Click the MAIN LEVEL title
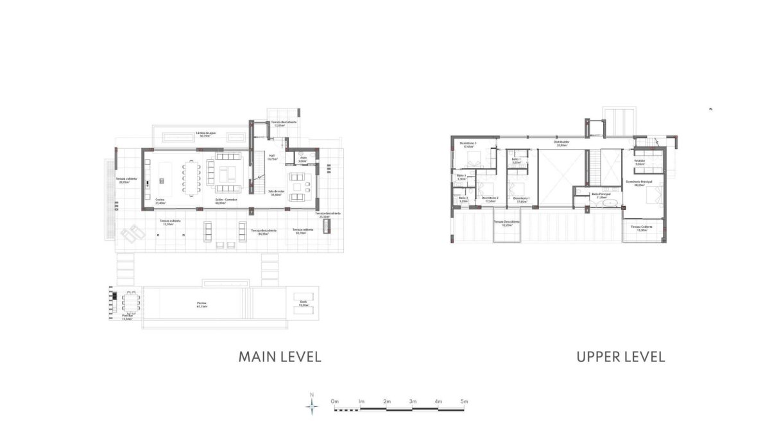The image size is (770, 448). pyautogui.click(x=279, y=357)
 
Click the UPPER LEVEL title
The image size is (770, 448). pyautogui.click(x=620, y=357)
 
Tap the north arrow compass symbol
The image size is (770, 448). pyautogui.click(x=312, y=405)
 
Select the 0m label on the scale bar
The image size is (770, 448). pyautogui.click(x=334, y=401)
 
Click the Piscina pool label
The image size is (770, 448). pyautogui.click(x=201, y=304)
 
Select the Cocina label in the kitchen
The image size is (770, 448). pyautogui.click(x=160, y=200)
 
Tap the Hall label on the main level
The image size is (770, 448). pyautogui.click(x=271, y=156)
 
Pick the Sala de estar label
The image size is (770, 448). pyautogui.click(x=277, y=192)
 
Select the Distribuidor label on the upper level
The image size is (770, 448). pyautogui.click(x=561, y=143)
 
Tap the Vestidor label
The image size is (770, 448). pyautogui.click(x=639, y=162)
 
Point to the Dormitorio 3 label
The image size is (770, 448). pyautogui.click(x=467, y=144)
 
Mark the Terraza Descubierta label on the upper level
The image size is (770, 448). pyautogui.click(x=506, y=223)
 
